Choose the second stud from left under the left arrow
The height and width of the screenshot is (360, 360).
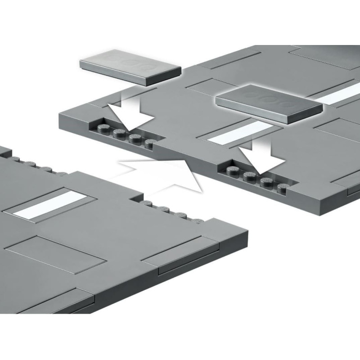118,133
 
